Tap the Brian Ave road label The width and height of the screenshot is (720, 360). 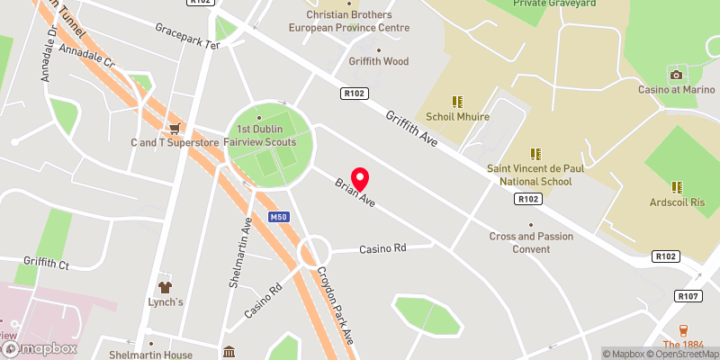tap(355, 191)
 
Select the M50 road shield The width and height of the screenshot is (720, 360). tap(279, 217)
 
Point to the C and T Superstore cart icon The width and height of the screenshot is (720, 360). tap(175, 128)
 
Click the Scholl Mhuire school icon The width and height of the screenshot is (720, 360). tap(457, 102)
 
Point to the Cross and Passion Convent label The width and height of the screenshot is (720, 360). tap(531, 242)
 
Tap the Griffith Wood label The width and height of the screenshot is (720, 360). tap(379, 61)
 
